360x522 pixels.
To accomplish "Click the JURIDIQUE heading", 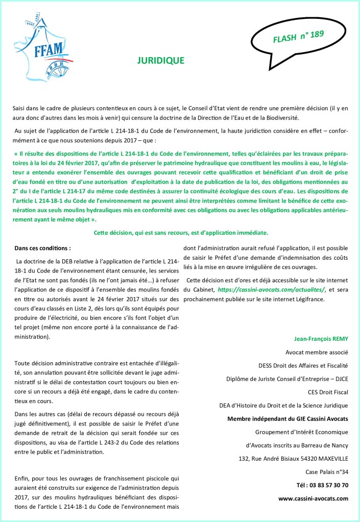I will click(161, 60).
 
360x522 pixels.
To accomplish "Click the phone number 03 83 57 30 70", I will click(322, 485).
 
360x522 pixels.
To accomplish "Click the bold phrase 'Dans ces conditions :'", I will click(43, 248).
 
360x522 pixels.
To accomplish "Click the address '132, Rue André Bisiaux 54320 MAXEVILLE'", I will click(294, 458).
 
